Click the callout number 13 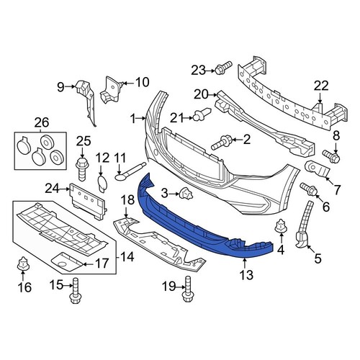click(246, 274)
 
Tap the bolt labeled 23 click(220, 70)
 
